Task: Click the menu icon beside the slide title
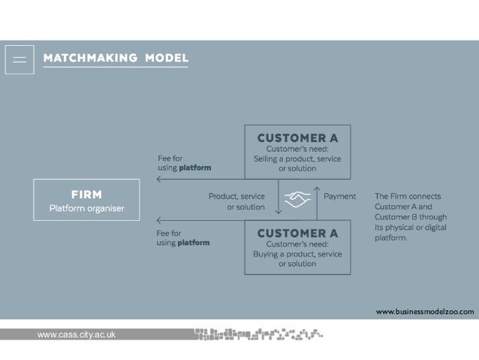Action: click(20, 58)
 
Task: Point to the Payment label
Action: click(339, 196)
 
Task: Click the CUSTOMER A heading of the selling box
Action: click(298, 138)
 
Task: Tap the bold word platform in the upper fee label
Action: click(193, 167)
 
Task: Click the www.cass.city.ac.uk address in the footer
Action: click(77, 334)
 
